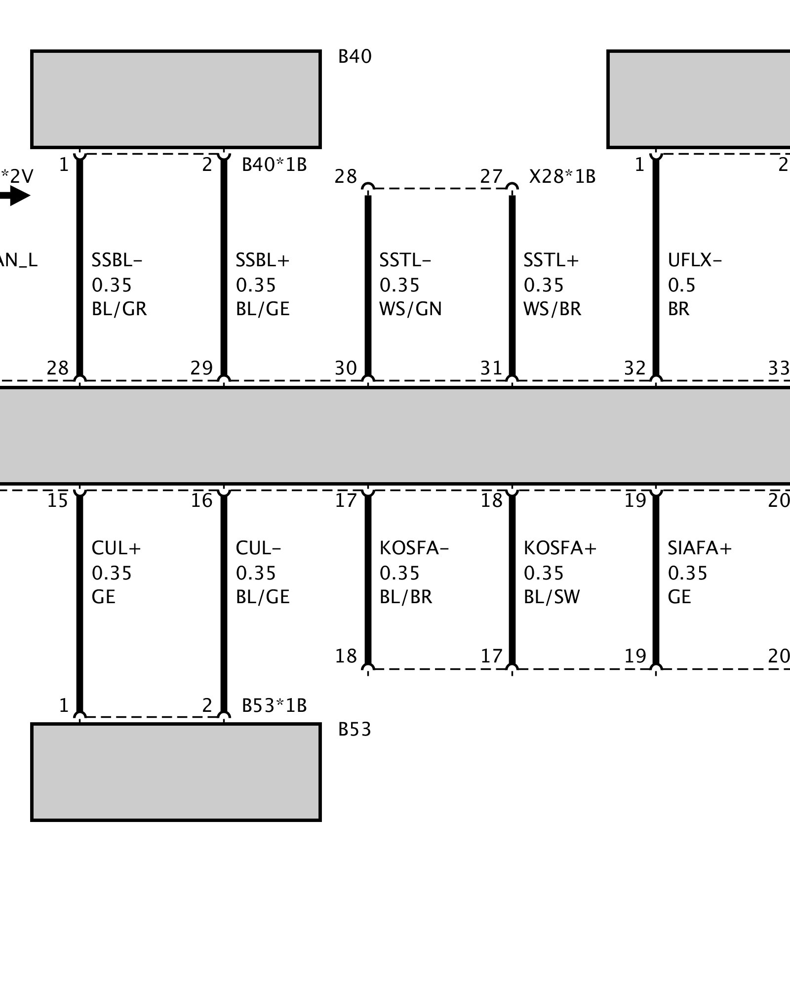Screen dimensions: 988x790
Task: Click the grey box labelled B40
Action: coord(176,99)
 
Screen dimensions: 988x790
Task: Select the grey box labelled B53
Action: coord(176,772)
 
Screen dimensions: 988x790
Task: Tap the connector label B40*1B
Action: coord(274,165)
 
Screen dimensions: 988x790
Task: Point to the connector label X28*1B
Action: coord(562,176)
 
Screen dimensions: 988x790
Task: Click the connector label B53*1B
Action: coord(274,705)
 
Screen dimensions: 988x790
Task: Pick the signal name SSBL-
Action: coord(117,260)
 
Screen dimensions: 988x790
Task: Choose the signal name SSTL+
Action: coord(551,260)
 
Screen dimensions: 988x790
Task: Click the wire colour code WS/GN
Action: coord(410,309)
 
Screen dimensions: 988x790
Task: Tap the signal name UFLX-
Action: coord(695,260)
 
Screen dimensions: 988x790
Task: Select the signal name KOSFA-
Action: coord(414,548)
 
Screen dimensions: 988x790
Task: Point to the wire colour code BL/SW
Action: coord(552,597)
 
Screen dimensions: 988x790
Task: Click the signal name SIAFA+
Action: coord(700,548)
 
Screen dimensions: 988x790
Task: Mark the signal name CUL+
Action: coord(117,548)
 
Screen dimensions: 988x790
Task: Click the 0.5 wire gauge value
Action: coord(681,285)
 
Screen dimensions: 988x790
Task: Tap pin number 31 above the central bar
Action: coord(491,368)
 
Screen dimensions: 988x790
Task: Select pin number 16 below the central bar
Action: coord(201,501)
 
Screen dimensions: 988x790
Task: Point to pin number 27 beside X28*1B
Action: coord(491,176)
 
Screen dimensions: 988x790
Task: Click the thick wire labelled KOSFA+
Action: coord(512,578)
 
